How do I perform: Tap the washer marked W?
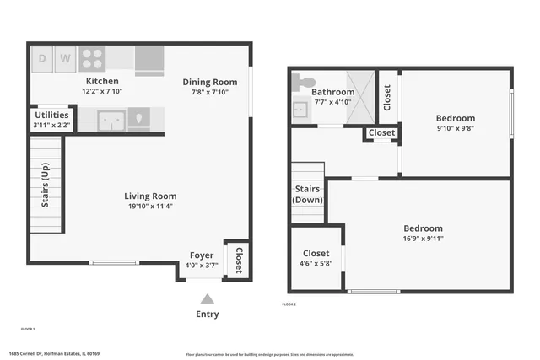pyautogui.click(x=66, y=59)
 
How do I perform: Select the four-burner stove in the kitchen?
pyautogui.click(x=91, y=58)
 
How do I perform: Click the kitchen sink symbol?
pyautogui.click(x=112, y=121)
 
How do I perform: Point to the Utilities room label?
pyautogui.click(x=50, y=116)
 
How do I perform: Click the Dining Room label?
pyautogui.click(x=210, y=82)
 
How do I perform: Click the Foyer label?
pyautogui.click(x=201, y=255)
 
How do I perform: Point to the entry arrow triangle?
pyautogui.click(x=208, y=298)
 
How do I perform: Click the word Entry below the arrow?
pyautogui.click(x=208, y=314)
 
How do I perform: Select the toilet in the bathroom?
pyautogui.click(x=300, y=82)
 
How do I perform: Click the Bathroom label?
pyautogui.click(x=332, y=92)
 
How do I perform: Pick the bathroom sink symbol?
pyautogui.click(x=300, y=109)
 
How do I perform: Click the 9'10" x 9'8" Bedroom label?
pyautogui.click(x=455, y=118)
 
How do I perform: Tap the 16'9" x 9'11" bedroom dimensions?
pyautogui.click(x=423, y=239)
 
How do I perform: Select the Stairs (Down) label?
pyautogui.click(x=307, y=195)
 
